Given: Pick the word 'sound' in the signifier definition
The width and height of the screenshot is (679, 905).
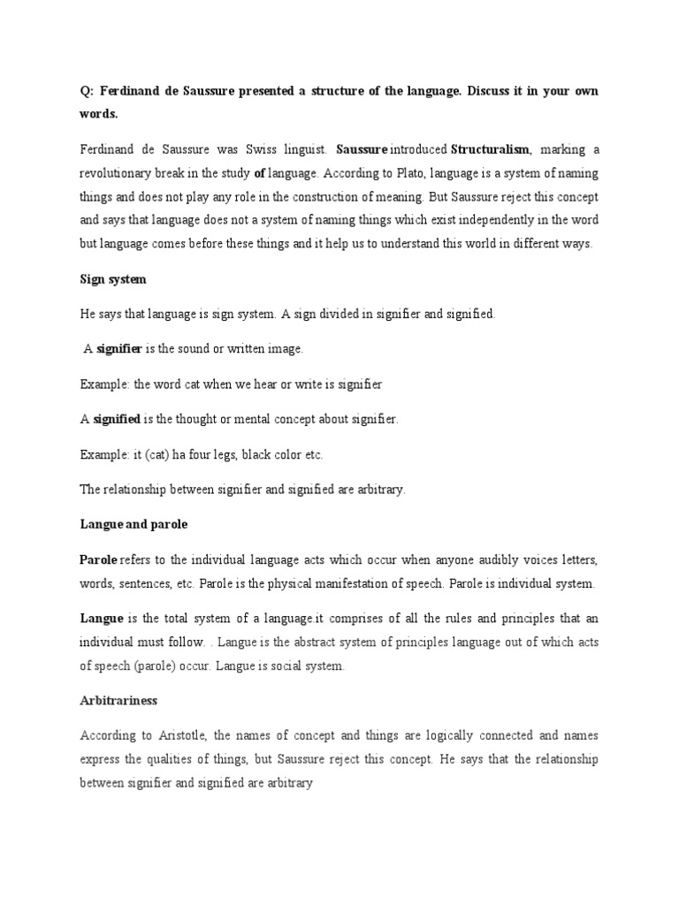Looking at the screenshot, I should [x=189, y=349].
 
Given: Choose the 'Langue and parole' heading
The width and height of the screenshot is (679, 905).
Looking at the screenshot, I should [x=134, y=524].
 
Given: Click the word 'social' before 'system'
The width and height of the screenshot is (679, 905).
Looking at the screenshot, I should [x=278, y=666].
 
